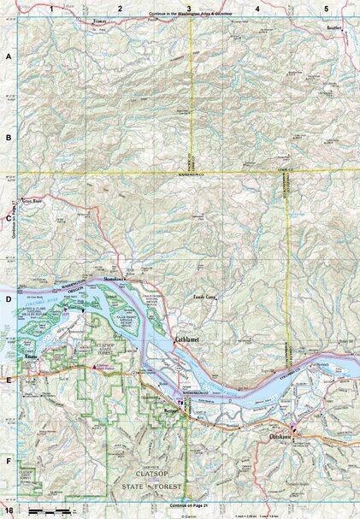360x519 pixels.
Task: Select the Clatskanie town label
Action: tap(304, 437)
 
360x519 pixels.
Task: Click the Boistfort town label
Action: tap(332, 27)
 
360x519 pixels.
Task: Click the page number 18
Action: tap(8, 510)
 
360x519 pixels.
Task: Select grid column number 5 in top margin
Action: tap(326, 8)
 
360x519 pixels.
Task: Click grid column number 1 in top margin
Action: tap(52, 8)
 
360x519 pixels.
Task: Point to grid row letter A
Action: tap(9, 56)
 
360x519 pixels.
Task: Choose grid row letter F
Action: tap(9, 462)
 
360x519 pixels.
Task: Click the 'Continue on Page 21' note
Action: tap(190, 506)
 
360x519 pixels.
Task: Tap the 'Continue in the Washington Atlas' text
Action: tap(190, 16)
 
